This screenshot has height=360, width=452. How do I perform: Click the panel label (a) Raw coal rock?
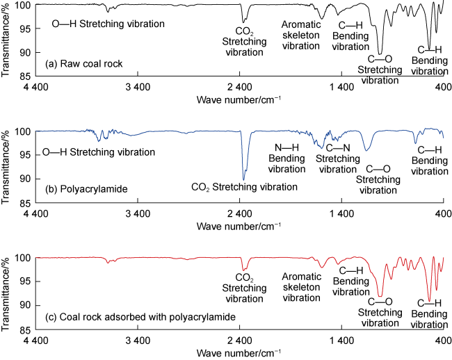point(83,64)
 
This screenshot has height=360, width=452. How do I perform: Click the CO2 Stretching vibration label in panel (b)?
point(244,187)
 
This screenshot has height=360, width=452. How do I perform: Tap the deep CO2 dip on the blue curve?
point(243,179)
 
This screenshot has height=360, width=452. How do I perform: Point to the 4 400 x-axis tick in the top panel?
point(35,88)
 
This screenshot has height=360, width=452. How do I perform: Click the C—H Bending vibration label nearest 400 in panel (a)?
point(429,60)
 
